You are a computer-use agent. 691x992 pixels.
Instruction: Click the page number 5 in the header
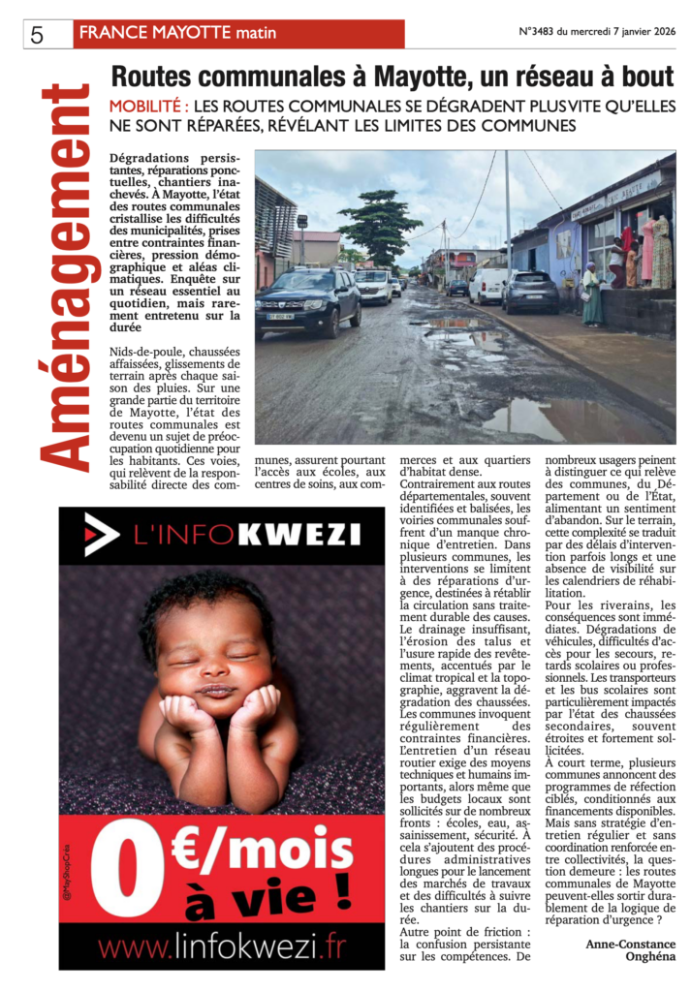point(38,35)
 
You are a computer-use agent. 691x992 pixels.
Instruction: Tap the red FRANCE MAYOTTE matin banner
point(238,33)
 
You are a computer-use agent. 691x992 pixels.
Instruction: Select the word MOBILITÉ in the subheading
point(147,107)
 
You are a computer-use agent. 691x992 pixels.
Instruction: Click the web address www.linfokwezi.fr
point(221,946)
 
